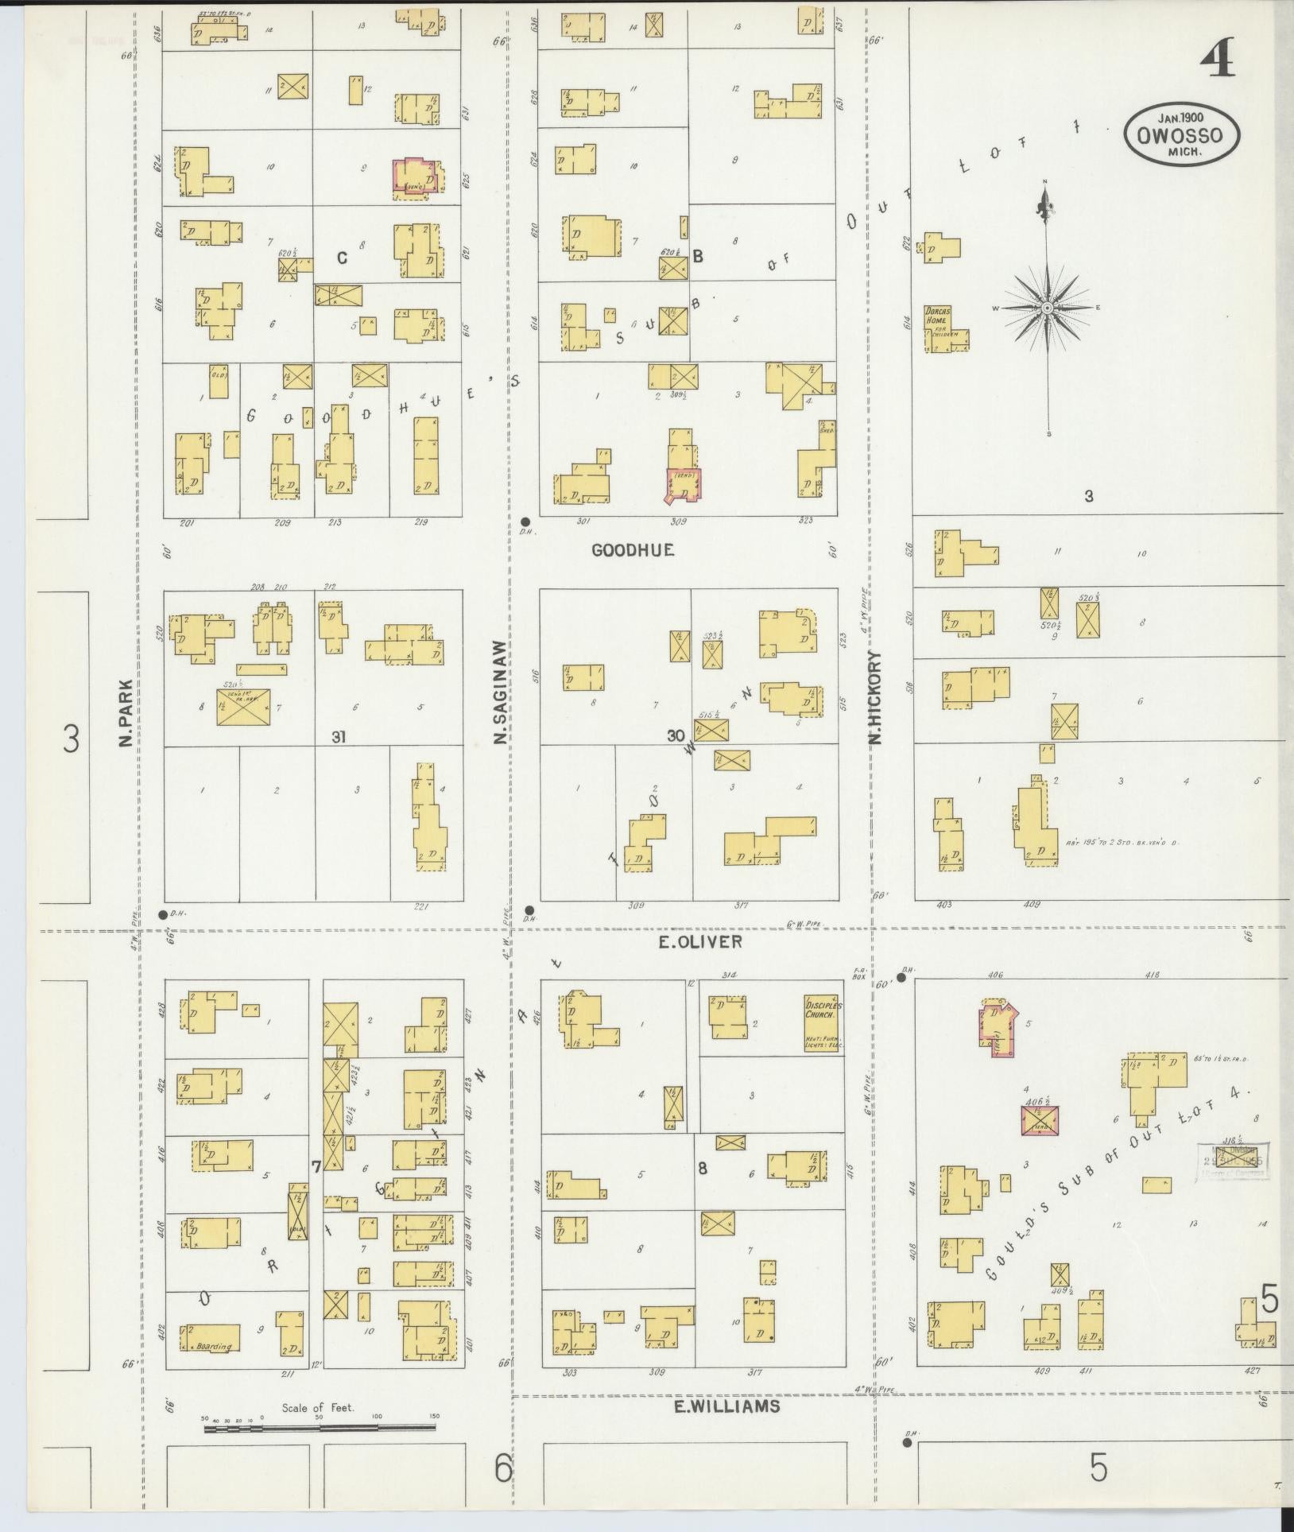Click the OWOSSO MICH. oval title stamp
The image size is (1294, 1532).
click(x=1184, y=134)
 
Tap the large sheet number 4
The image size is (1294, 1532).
click(x=1217, y=59)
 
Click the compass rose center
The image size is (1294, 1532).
click(x=1048, y=308)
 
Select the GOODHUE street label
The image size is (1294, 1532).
click(x=633, y=549)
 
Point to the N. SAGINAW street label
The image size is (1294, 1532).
click(x=500, y=694)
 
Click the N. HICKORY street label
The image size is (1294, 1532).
click(x=876, y=698)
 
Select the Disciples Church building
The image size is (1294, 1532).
click(x=822, y=1022)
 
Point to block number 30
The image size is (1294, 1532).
click(x=676, y=736)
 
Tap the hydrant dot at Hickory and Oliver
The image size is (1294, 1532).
click(x=901, y=977)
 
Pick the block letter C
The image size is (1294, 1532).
click(x=343, y=258)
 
